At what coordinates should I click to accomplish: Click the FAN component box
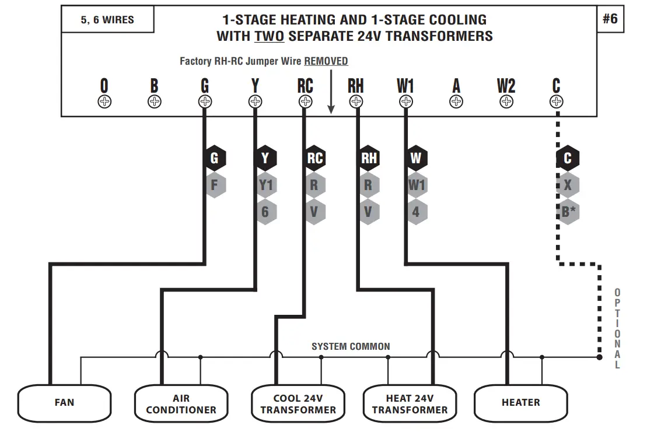pos(64,402)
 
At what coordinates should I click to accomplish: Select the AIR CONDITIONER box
pos(181,403)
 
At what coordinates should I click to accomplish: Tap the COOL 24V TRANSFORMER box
pos(298,403)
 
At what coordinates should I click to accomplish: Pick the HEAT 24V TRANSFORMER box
pos(410,403)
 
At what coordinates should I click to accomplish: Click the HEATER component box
pos(520,402)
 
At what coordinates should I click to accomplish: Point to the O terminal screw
pos(104,102)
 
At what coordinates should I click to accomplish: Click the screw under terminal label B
pos(154,102)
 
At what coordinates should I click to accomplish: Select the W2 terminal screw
pos(506,102)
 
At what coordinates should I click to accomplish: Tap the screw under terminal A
pos(456,102)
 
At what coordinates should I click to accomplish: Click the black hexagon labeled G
pos(214,158)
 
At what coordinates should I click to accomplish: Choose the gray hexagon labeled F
pos(214,186)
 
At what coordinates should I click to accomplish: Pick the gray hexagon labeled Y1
pos(265,186)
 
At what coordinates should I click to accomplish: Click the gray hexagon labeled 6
pos(265,212)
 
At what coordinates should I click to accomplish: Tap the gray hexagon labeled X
pos(568,186)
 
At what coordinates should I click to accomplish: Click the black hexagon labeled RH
pos(369,158)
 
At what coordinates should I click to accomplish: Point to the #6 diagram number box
pos(610,19)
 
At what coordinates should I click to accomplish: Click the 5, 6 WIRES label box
pos(107,20)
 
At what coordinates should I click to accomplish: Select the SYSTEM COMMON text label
pos(351,346)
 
